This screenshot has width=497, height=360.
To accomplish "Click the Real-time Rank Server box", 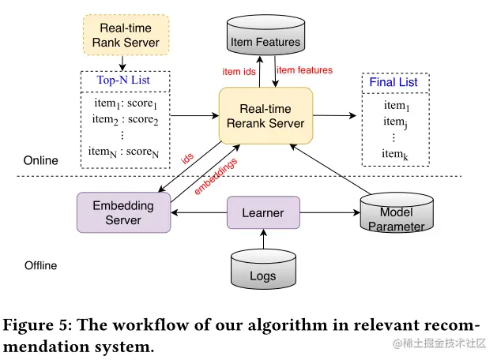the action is [126, 35].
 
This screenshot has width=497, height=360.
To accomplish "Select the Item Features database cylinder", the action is [265, 36].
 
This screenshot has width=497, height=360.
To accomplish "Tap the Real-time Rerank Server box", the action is [265, 116].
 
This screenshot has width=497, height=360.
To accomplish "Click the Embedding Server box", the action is [123, 212].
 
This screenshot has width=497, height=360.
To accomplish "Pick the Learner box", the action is [263, 212].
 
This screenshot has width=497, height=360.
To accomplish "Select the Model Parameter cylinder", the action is [397, 213].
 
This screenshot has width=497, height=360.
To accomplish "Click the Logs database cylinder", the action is [263, 269].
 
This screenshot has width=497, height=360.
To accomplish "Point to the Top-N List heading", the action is [123, 80].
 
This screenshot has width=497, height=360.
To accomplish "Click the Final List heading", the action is [393, 82].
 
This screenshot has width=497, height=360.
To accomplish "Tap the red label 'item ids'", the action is [239, 72].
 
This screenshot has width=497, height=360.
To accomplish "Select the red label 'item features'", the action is [305, 70].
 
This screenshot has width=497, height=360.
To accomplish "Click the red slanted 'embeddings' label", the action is [216, 176].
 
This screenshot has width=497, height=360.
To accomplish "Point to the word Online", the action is [41, 160].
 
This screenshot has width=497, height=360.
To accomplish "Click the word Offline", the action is [41, 265].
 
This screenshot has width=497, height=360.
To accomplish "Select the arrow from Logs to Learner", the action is [263, 239].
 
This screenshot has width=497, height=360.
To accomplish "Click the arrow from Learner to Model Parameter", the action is [330, 212].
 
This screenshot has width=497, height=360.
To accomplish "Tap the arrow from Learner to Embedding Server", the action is [199, 212].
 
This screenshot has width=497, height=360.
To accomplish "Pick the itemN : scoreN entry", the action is [123, 152].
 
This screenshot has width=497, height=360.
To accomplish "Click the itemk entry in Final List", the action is [395, 155].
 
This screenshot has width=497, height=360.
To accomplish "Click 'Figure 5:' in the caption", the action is [38, 325].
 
